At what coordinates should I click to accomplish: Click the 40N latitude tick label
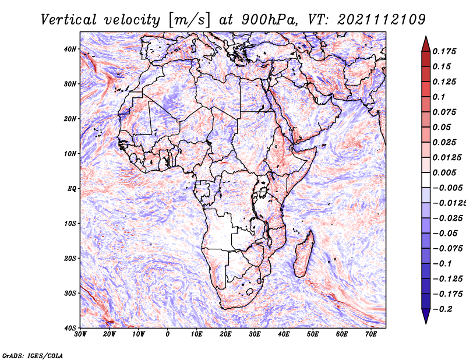(x=69, y=49)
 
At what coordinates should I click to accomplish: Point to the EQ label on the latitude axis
(x=72, y=188)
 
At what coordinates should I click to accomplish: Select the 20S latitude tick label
(x=69, y=258)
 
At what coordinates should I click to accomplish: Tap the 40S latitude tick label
(x=69, y=327)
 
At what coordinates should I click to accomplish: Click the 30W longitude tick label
(x=80, y=334)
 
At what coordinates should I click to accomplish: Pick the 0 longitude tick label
(x=168, y=334)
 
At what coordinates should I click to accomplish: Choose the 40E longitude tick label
(x=284, y=334)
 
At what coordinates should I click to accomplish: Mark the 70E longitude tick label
(x=371, y=334)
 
